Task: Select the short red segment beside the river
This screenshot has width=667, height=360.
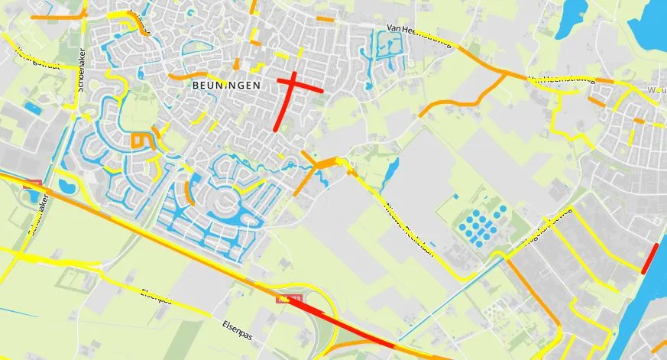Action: [649, 258]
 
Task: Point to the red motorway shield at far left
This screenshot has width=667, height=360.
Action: [31, 184]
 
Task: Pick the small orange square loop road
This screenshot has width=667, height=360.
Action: [139, 141]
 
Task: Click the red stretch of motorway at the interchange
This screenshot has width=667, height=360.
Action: [344, 324]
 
